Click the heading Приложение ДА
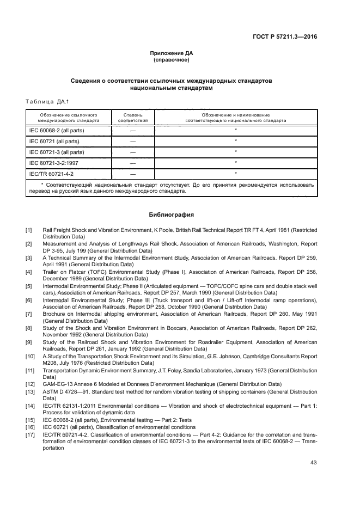pos(172,53)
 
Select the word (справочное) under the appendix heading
pos(172,59)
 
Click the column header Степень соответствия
pos(132,118)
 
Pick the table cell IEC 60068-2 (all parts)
pos(57,131)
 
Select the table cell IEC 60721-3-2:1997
pos(53,163)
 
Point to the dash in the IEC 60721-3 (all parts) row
pos(132,152)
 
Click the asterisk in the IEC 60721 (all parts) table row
pos(235,141)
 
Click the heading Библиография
pos(172,214)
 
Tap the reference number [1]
pos(28,230)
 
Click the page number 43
pos(313,463)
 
